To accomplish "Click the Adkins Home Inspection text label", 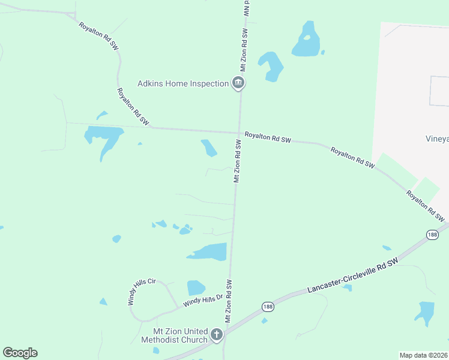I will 183,83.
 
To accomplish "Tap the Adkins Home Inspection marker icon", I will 238,83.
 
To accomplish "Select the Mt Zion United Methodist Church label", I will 173,335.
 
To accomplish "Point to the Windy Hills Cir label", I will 141,292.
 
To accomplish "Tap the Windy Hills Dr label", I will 203,299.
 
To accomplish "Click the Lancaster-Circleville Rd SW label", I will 352,277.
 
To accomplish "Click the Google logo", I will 20,353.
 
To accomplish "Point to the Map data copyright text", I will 424,355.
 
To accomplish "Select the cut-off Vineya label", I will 437,139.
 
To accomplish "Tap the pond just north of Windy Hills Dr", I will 196,288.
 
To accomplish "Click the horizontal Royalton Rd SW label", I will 268,139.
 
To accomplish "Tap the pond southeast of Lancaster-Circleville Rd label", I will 425,313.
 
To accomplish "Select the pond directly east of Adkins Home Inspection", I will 271,65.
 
